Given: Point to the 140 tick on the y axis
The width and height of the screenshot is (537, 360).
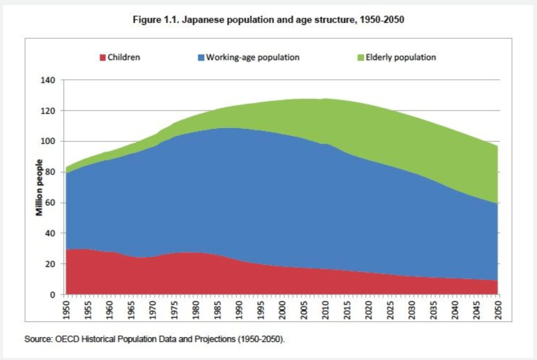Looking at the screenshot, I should tap(48, 80).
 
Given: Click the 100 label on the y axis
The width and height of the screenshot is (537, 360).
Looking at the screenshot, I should tap(48, 142).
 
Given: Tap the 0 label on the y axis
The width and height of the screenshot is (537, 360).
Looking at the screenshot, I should tap(53, 295).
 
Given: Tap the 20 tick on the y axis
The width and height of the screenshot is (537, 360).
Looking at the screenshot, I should tap(50, 264).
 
